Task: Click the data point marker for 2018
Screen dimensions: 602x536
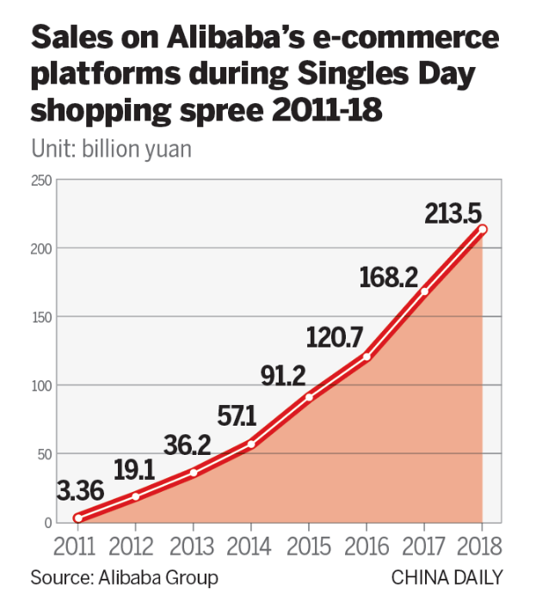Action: [x=483, y=230]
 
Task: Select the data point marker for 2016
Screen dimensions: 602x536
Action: [x=367, y=357]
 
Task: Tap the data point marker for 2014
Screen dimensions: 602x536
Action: [x=250, y=444]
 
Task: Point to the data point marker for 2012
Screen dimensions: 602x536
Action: [x=135, y=496]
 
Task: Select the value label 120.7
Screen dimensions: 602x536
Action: [x=335, y=337]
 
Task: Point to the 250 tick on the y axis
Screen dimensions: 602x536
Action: [x=41, y=180]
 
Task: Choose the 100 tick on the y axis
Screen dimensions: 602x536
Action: [x=41, y=385]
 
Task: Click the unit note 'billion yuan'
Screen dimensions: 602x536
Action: [x=143, y=148]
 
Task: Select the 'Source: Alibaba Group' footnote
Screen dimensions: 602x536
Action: [x=125, y=576]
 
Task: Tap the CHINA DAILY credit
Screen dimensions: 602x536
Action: [x=447, y=576]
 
